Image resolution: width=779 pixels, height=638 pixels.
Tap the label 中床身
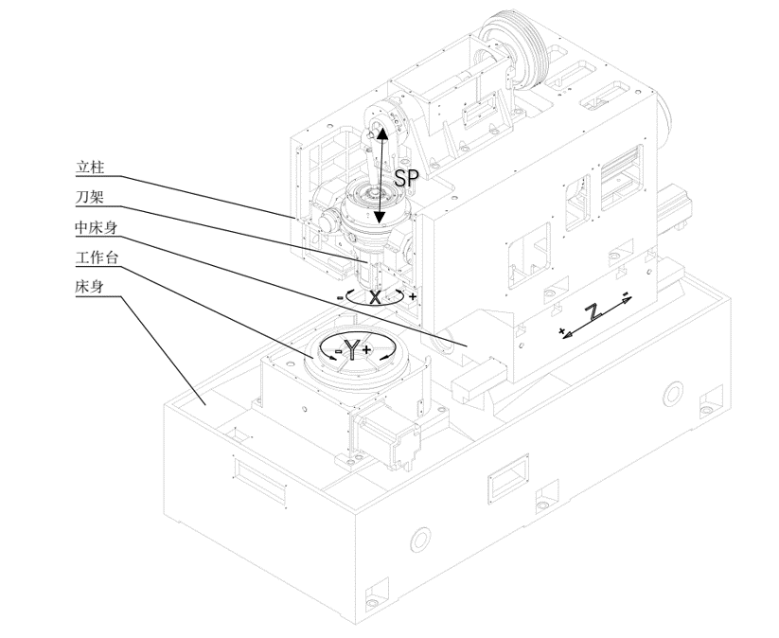96,228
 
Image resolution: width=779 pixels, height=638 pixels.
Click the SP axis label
406,177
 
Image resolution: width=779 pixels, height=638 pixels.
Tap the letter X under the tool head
376,297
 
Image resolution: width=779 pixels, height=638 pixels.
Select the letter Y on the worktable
352,350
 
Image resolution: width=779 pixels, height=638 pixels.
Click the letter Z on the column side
593,312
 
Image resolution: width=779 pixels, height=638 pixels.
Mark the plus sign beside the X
413,297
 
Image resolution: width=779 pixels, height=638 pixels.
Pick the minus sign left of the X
340,297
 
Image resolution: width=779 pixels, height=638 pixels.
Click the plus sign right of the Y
367,349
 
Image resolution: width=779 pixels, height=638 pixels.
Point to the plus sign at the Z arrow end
562,331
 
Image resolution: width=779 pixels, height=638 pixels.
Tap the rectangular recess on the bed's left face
258,475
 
